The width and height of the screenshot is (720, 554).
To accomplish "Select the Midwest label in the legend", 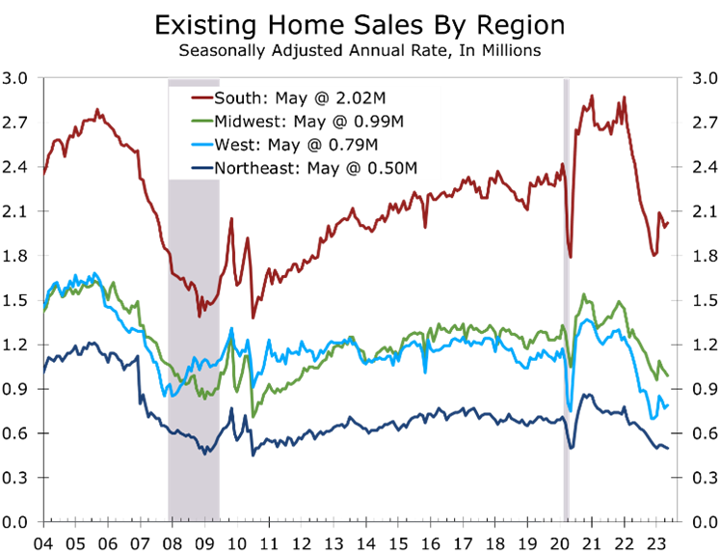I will (243, 122).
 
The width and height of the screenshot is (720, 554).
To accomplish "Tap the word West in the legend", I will (232, 146).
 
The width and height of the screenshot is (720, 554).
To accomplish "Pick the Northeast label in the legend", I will (250, 169).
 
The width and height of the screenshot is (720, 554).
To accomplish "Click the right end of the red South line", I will (668, 224).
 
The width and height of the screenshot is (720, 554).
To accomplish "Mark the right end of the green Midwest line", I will (668, 375).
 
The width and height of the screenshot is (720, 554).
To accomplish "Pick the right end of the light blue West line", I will (668, 405).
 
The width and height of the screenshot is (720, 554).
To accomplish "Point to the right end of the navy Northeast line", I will (668, 448).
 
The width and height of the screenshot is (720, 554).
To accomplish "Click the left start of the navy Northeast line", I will (43, 372).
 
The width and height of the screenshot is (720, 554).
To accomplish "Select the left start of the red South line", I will (43, 175).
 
